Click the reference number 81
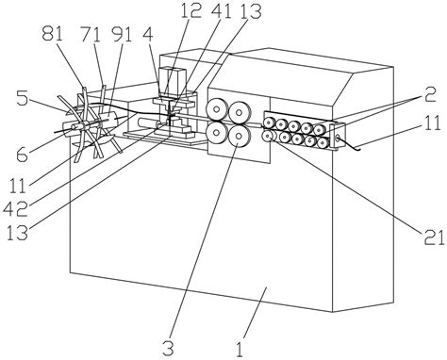53,34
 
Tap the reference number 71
91,34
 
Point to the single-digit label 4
147,34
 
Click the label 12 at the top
191,10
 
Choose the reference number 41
222,10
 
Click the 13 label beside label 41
251,10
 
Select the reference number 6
23,155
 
